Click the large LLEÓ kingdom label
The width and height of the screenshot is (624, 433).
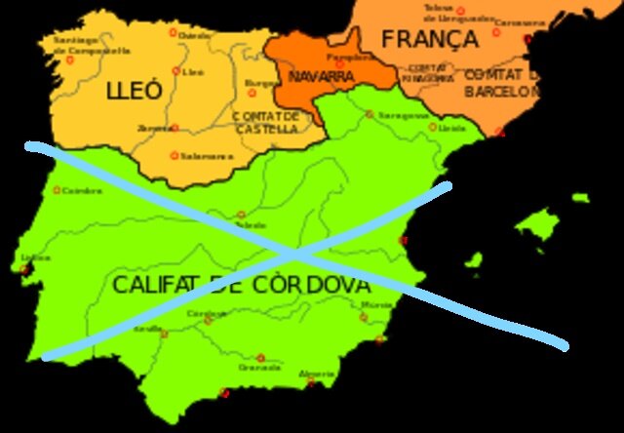135,94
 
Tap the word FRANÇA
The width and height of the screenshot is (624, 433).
430,40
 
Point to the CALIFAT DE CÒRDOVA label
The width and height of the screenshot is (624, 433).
241,286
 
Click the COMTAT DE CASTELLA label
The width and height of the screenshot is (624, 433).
265,122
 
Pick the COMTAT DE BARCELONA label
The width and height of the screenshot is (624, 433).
500,83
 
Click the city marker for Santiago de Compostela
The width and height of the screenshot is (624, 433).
69,59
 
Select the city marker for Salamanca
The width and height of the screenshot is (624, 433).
175,155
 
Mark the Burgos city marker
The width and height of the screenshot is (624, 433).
252,93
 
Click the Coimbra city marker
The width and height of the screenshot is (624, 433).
57,191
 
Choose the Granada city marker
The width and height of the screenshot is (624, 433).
260,358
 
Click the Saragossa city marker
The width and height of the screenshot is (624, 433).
370,114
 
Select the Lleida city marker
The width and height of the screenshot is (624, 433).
435,127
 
